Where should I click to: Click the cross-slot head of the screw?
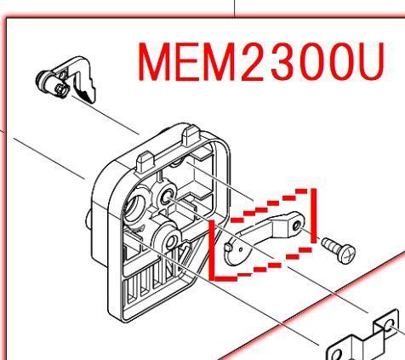click(348, 254)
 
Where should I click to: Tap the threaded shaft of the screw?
click(331, 245)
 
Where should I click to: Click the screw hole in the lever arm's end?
click(297, 226)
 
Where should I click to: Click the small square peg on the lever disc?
click(228, 248)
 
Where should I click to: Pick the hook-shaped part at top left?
click(67, 79)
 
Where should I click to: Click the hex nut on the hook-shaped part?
click(61, 89)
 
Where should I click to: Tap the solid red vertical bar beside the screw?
click(313, 216)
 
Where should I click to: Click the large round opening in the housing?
click(135, 205)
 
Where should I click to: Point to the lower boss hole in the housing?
click(171, 242)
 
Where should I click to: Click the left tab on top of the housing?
click(145, 163)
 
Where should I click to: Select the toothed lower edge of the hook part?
click(85, 94)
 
